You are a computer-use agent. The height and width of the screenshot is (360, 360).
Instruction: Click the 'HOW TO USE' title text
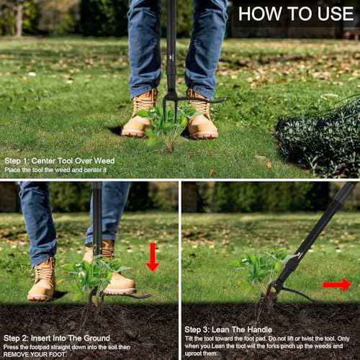pos(296,14)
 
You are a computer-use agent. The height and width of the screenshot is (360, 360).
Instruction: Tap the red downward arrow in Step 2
pos(153,257)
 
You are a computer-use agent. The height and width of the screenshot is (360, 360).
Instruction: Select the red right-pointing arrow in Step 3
pos(337,284)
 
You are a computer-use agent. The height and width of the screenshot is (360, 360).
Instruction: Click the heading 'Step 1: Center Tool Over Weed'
pos(60,161)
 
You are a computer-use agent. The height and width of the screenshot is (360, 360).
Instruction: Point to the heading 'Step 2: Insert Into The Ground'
pos(57,338)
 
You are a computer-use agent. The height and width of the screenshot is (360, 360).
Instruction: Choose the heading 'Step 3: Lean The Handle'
pos(228,330)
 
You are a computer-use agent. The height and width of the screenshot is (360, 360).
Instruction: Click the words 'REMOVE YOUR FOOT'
pos(35,354)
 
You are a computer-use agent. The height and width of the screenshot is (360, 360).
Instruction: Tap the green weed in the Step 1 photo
pos(166,125)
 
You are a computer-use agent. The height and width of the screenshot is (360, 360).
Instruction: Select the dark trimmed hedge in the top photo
pos(319,139)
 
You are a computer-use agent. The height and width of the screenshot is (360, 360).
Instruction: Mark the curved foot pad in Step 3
pos(297,294)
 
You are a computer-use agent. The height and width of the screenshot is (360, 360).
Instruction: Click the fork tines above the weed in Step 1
pos(170,106)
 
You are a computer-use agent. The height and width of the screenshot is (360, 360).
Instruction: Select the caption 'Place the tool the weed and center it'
pos(55,170)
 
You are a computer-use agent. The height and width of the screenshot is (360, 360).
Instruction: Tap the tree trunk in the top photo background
pos(19,19)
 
